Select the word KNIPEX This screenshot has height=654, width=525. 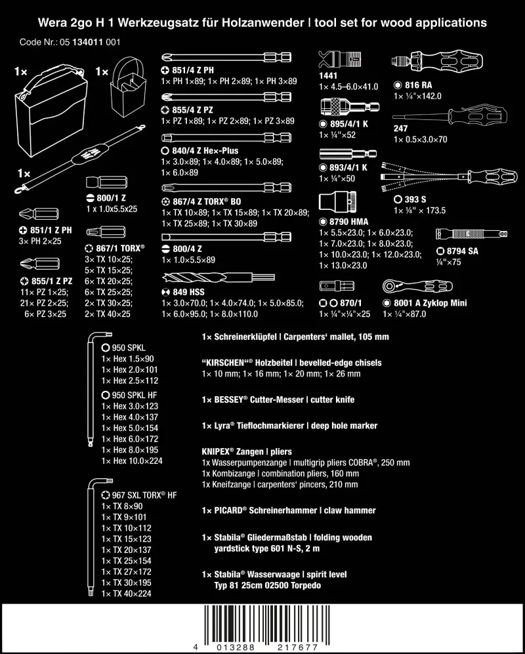pos(218,452)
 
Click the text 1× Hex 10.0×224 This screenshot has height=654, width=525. pos(132,460)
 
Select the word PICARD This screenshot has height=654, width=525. pos(230,510)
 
